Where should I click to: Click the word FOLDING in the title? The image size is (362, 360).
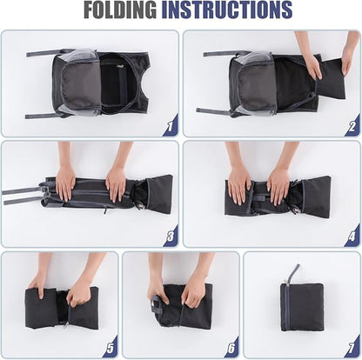point(120,10)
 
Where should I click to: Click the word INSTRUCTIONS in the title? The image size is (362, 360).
point(226,10)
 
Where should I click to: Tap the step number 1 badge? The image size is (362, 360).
point(170,126)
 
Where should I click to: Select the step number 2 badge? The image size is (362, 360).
point(352,126)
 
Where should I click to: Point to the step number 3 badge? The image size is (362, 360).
point(170,237)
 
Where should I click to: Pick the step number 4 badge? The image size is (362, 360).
point(352,237)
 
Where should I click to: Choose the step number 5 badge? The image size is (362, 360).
point(111,348)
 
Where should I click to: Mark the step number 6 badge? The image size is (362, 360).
point(231,348)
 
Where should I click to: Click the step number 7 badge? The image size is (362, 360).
point(352,348)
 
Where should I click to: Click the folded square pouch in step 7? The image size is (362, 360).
point(302,307)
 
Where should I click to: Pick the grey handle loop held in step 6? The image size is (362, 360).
point(157,304)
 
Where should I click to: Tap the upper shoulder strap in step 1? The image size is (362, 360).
point(46,53)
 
